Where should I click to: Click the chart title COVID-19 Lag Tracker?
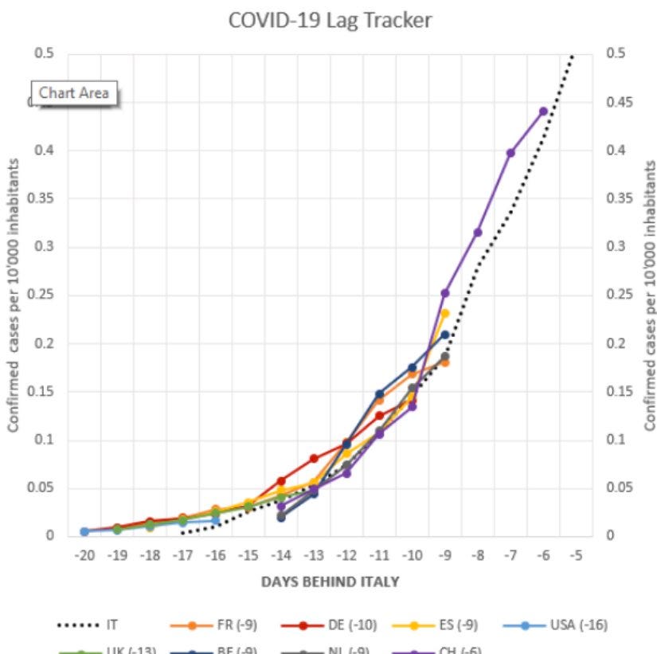coord(330,20)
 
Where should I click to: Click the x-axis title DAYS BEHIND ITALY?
coord(330,582)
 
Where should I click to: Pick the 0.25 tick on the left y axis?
coord(43,295)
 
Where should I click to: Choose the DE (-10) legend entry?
coord(342,625)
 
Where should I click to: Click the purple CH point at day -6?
coord(543,111)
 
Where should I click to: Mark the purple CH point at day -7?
coord(510,153)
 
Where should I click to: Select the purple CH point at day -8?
coord(478,232)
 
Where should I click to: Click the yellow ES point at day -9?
coord(444,313)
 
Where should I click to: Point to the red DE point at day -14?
coord(281,481)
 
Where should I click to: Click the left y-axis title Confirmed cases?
coord(14,295)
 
